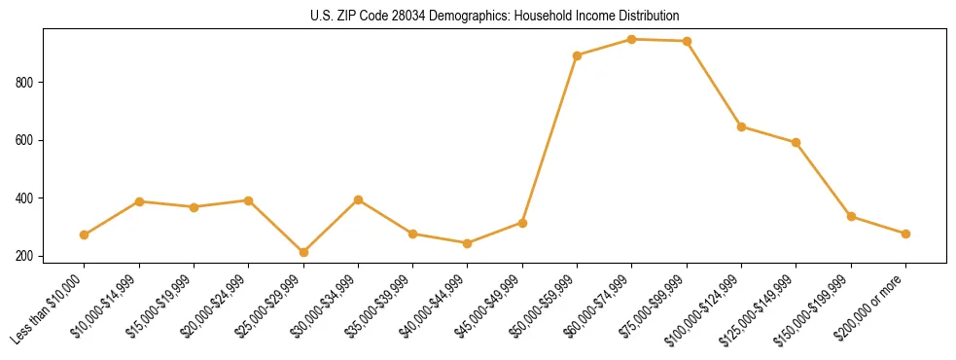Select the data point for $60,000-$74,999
click(632, 40)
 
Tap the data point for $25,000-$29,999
click(303, 252)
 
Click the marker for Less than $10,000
click(85, 234)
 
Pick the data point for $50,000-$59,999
click(578, 55)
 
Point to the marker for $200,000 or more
click(906, 234)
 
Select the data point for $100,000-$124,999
click(742, 126)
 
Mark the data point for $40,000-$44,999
click(468, 243)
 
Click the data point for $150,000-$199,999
click(851, 216)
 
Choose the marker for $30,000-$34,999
click(358, 199)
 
